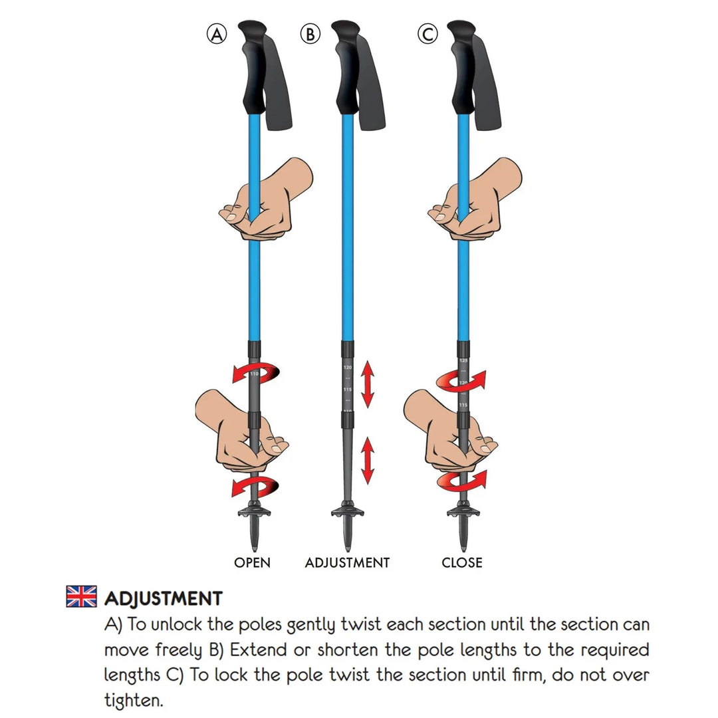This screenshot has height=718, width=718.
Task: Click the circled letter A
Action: coord(216,34)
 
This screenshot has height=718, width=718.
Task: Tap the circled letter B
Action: coord(310,34)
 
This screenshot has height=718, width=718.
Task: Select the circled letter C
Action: coord(427,34)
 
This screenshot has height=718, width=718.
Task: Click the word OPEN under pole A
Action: coord(252,562)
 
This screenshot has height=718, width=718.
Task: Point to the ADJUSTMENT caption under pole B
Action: coord(347,562)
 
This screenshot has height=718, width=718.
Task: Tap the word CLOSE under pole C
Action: coord(462,562)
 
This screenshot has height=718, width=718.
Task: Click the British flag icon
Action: coord(81,596)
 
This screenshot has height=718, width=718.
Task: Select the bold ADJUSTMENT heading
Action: coord(163,598)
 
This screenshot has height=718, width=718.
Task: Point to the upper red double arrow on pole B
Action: coord(367,384)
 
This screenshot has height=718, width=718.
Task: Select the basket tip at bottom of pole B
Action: coord(344,515)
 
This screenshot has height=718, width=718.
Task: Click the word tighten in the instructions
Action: coord(133,700)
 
